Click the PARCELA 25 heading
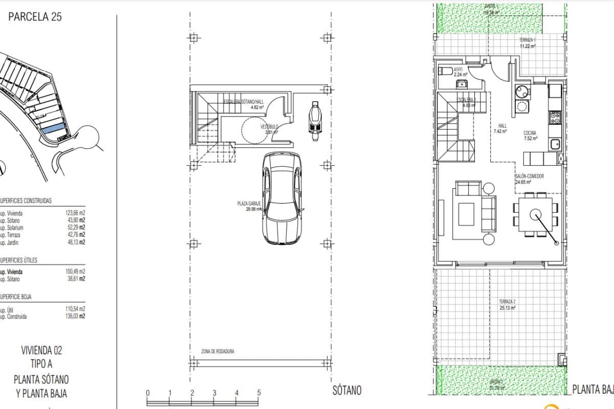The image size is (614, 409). pyautogui.click(x=35, y=17)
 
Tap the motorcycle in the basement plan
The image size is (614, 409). pyautogui.click(x=315, y=119)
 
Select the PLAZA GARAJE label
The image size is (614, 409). pyautogui.click(x=249, y=203)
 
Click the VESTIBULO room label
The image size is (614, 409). pyautogui.click(x=269, y=126)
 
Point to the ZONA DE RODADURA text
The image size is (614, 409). pyautogui.click(x=217, y=351)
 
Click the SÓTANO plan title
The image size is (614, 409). pyautogui.click(x=346, y=391)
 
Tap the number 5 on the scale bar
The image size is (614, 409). pyautogui.click(x=259, y=393)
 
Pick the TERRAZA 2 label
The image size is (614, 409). pyautogui.click(x=507, y=302)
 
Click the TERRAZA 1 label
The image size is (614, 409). pyautogui.click(x=528, y=40)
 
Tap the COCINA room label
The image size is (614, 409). pyautogui.click(x=530, y=132)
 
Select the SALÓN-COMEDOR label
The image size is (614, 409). pyautogui.click(x=529, y=176)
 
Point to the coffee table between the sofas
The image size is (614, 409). pyautogui.click(x=466, y=214)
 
